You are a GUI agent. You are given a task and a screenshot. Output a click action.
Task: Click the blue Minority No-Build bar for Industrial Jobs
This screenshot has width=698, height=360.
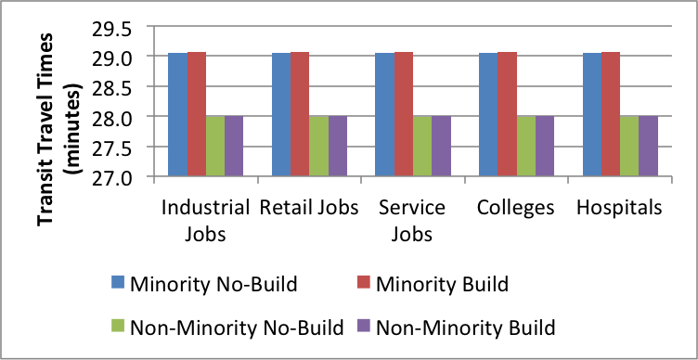click(177, 114)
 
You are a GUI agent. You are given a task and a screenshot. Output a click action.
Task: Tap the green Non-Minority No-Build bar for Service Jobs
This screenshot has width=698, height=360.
click(422, 146)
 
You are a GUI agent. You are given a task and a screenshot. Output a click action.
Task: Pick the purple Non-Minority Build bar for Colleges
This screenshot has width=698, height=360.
click(545, 146)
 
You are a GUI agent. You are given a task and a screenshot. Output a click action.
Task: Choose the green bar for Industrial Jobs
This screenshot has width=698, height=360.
click(215, 146)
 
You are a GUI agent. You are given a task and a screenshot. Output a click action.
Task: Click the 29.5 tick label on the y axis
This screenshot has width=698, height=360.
click(110, 28)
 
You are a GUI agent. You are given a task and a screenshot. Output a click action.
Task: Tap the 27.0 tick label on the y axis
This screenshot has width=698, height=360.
click(110, 176)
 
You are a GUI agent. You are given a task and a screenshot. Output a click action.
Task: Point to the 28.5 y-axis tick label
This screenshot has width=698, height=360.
click(110, 87)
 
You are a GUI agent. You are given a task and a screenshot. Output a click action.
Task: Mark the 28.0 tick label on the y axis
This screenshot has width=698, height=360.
click(110, 117)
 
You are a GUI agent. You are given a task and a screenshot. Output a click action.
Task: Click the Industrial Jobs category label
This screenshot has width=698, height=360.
click(205, 220)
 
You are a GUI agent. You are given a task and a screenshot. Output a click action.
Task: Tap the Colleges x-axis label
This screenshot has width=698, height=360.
click(516, 208)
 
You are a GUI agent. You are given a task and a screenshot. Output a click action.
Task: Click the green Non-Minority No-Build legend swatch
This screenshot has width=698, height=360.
click(117, 327)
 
